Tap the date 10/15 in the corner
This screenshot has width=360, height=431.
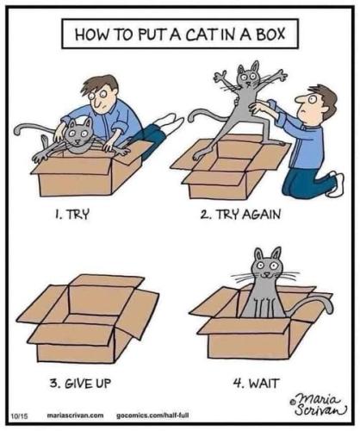point(18,415)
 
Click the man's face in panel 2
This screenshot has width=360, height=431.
point(315,106)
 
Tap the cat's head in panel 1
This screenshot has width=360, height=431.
point(79,134)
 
